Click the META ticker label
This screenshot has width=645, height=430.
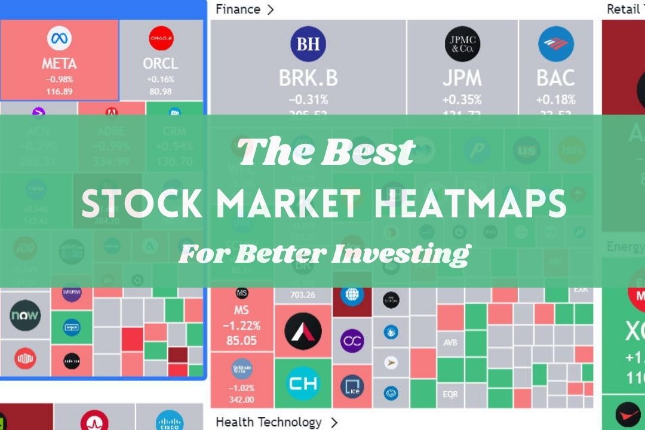(x=59, y=63)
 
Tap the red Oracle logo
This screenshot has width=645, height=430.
(x=161, y=38)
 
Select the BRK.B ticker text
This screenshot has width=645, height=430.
(x=308, y=78)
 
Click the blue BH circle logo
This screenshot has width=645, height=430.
(x=308, y=44)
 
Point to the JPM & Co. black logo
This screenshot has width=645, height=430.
(x=462, y=44)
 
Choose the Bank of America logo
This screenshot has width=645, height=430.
(x=555, y=44)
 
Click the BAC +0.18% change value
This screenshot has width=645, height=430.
(x=555, y=99)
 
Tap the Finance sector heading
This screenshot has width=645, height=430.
(x=238, y=9)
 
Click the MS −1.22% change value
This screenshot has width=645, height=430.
(x=241, y=326)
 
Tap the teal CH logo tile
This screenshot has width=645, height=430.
(x=302, y=383)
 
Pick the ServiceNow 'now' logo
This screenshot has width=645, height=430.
(x=25, y=315)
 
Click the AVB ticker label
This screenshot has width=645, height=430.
(x=450, y=343)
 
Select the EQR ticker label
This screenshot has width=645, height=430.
(x=450, y=394)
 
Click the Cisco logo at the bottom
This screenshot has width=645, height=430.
(x=169, y=422)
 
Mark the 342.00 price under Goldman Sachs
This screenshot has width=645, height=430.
(x=241, y=400)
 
